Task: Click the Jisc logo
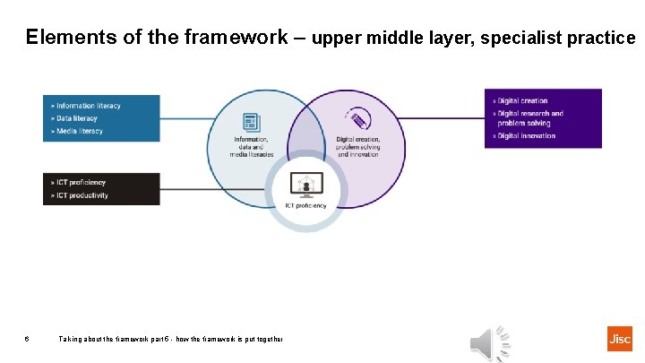click(619, 338)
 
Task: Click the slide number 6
click(27, 339)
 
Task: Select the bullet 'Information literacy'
click(87, 106)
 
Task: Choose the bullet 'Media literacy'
click(79, 131)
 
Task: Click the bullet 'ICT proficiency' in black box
click(80, 183)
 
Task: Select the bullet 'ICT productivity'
click(82, 195)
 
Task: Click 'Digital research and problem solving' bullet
click(529, 118)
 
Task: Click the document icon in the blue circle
click(251, 122)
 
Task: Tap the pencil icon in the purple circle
click(358, 120)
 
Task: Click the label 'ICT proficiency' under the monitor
click(305, 205)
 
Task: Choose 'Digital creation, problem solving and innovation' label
click(358, 147)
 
